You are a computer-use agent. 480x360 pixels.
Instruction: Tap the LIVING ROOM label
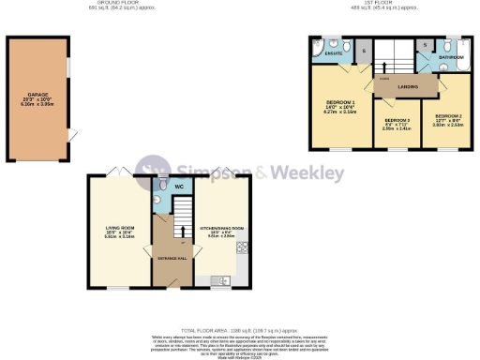pos(118,228)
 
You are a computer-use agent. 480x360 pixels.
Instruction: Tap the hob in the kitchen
pos(243,247)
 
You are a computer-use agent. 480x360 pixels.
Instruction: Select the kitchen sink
pos(221,280)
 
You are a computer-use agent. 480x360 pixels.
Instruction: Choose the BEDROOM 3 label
pos(397,123)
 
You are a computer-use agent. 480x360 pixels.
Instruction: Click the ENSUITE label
pos(332,54)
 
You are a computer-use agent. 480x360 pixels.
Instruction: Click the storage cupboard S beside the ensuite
pos(364,49)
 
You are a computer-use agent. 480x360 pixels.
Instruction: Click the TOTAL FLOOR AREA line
pos(239,331)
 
